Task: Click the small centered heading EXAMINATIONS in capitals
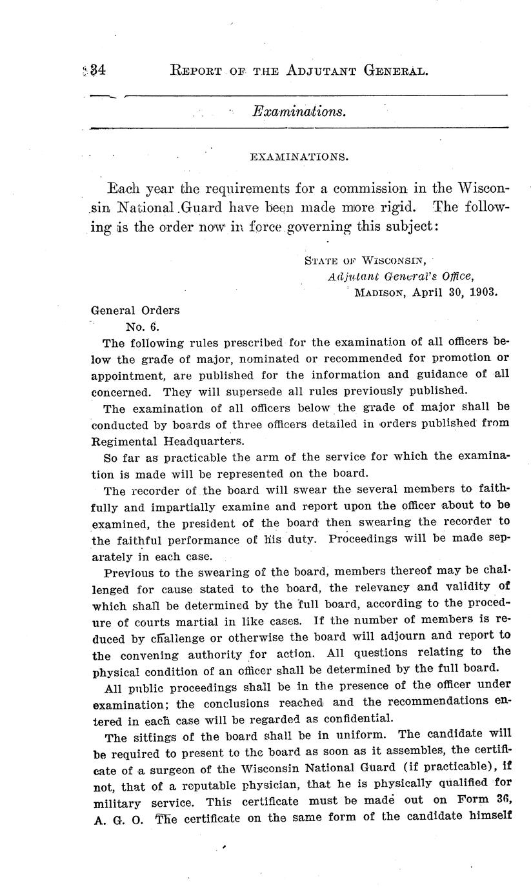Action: (x=299, y=157)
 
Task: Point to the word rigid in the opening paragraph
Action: (x=397, y=210)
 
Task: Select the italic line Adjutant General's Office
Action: (x=400, y=276)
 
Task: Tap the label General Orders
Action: (x=135, y=310)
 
